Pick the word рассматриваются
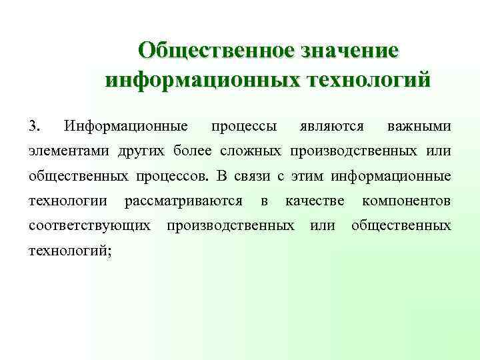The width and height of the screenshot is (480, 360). (x=183, y=201)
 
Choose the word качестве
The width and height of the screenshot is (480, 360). (x=315, y=201)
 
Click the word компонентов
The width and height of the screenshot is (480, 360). (x=406, y=201)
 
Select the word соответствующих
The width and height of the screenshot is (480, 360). (x=89, y=225)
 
